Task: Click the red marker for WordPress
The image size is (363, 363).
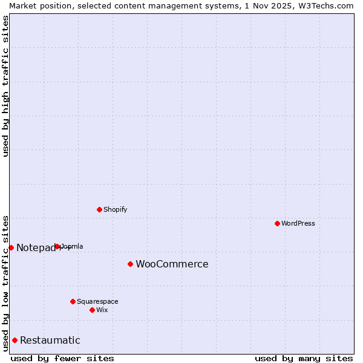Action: pos(277,223)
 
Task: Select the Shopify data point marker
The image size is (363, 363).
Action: pos(99,209)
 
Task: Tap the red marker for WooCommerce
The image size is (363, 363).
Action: pos(130,264)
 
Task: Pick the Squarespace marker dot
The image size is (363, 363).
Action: pos(73,301)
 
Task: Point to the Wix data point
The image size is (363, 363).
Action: pos(92,310)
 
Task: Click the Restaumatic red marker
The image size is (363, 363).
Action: pos(15,340)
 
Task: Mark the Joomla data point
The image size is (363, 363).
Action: pos(57,246)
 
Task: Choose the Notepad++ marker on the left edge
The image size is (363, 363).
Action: pos(11,247)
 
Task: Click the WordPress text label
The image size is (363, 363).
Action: pos(298,223)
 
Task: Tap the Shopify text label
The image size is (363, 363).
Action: pos(116,209)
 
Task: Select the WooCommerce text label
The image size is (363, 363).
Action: pos(172,264)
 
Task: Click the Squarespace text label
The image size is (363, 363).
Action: pos(97,301)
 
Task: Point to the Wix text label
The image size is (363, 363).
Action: pos(102,310)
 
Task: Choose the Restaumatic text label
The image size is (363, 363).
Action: pos(50,340)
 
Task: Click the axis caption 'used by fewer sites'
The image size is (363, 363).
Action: pos(62,358)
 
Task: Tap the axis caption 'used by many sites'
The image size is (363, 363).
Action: pos(304,358)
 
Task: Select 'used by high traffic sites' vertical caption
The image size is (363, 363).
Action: pos(5,86)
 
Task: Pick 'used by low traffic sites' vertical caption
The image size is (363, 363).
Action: pos(5,283)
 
